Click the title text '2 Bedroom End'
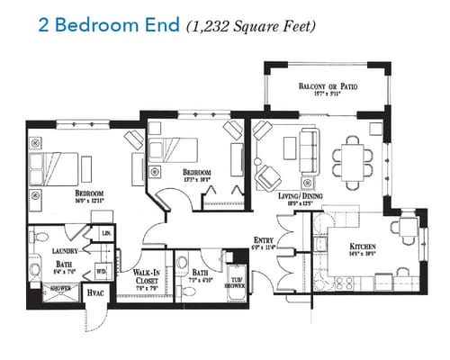click(108, 24)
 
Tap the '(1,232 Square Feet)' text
click(251, 25)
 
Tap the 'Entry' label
click(264, 240)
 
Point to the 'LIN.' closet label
click(105, 234)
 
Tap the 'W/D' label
click(101, 270)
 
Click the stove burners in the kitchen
click(343, 283)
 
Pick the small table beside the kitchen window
click(408, 225)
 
